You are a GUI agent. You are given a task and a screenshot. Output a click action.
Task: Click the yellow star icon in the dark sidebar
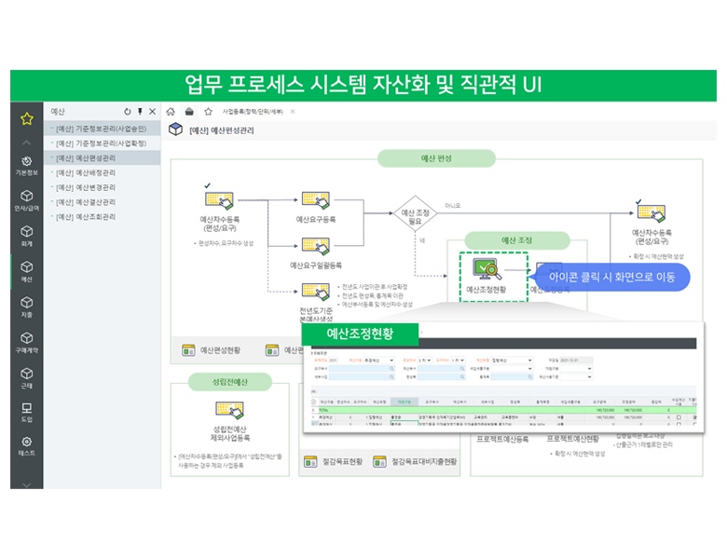tap(27, 118)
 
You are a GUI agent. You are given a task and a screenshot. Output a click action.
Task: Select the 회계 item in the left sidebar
tap(27, 234)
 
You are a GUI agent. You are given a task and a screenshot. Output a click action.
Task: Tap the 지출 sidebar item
tap(27, 307)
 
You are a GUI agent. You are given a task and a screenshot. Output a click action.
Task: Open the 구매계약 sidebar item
tap(27, 341)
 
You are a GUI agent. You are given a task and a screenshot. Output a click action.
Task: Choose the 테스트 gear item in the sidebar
tap(27, 445)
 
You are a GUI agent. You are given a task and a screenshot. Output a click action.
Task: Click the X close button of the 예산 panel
tap(152, 111)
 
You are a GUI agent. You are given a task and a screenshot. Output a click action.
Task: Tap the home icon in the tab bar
tap(171, 111)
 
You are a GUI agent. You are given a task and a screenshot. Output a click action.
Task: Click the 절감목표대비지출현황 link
tap(417, 461)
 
